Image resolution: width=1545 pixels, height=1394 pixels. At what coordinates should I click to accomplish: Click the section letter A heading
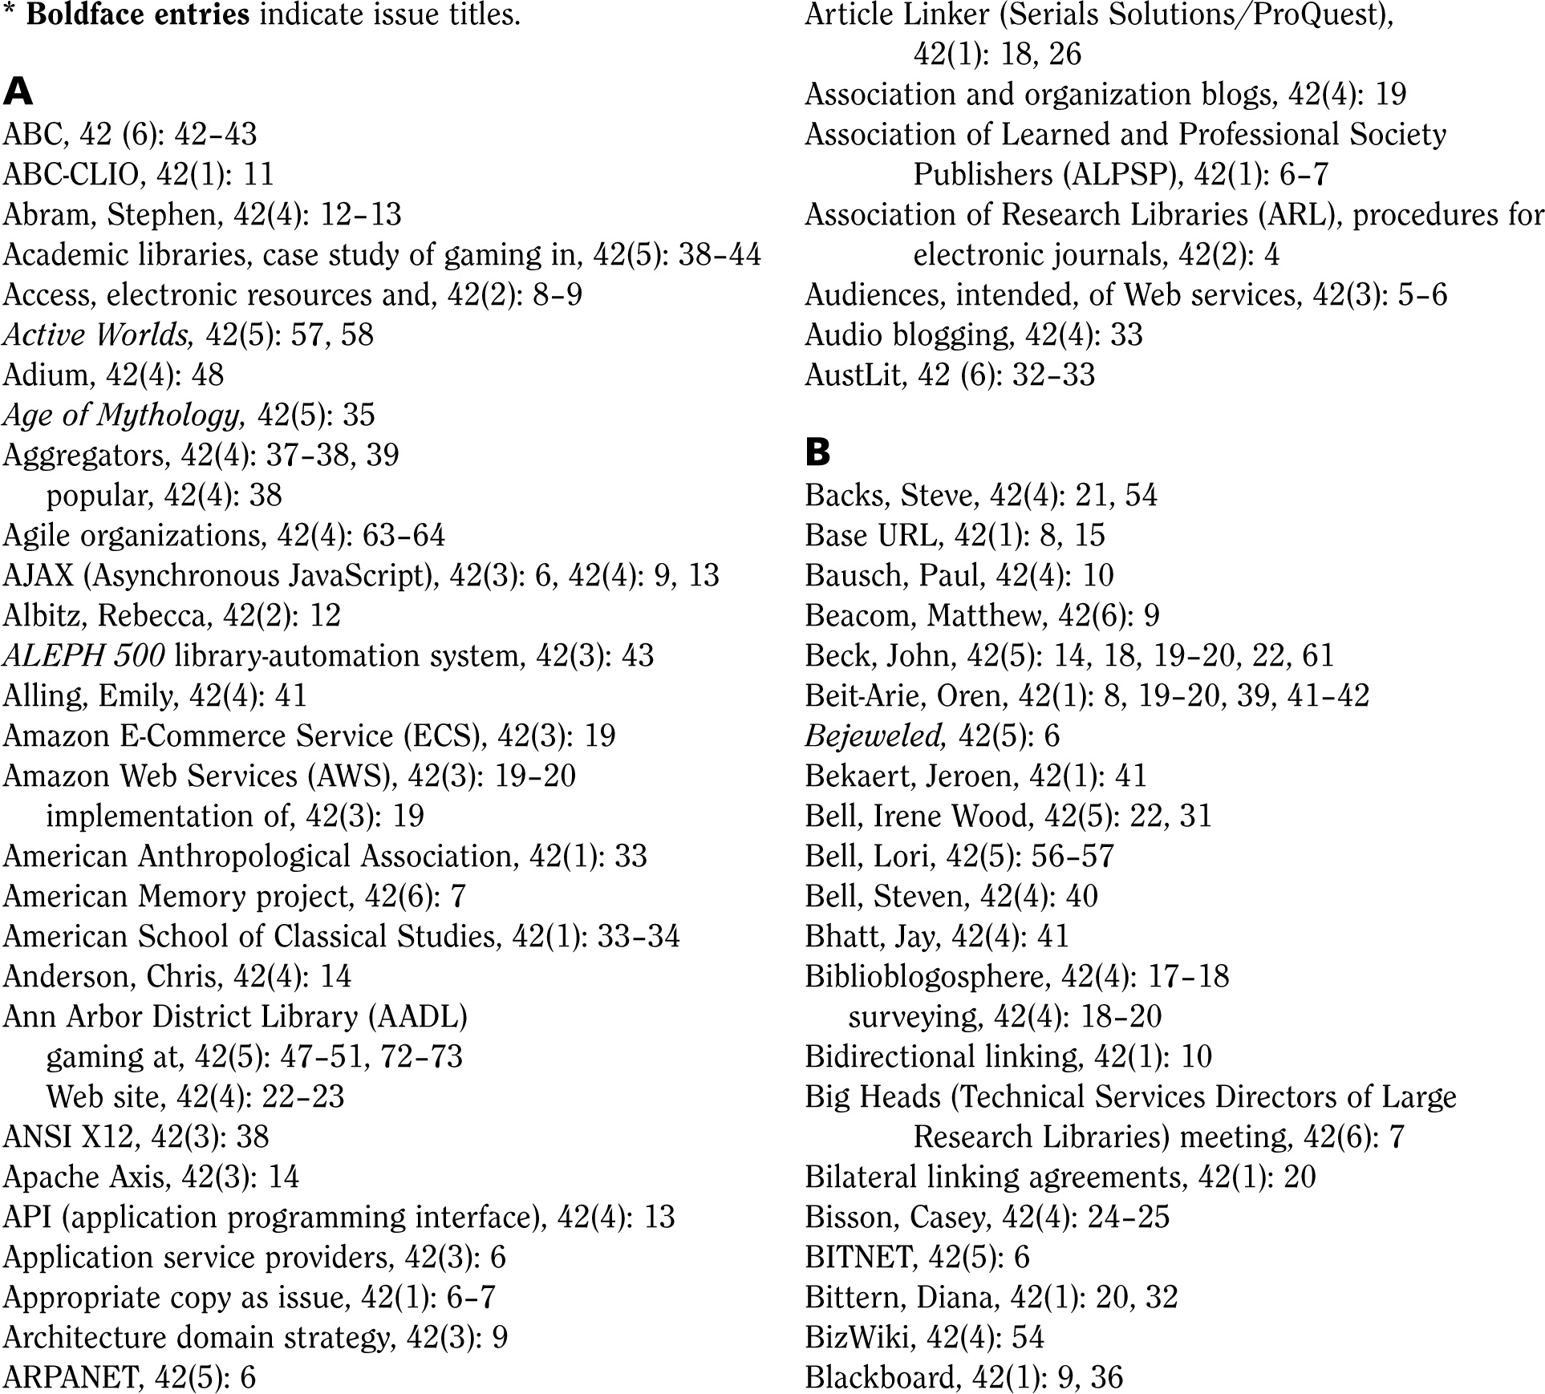tap(18, 92)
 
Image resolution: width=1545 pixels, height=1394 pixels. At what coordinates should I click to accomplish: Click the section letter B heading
tap(817, 453)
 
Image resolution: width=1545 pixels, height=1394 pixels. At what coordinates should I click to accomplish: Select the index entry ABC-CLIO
tap(71, 174)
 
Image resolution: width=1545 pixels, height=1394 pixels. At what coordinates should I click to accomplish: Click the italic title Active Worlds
tap(98, 334)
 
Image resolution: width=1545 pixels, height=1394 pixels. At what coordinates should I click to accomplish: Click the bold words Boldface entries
tap(138, 14)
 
